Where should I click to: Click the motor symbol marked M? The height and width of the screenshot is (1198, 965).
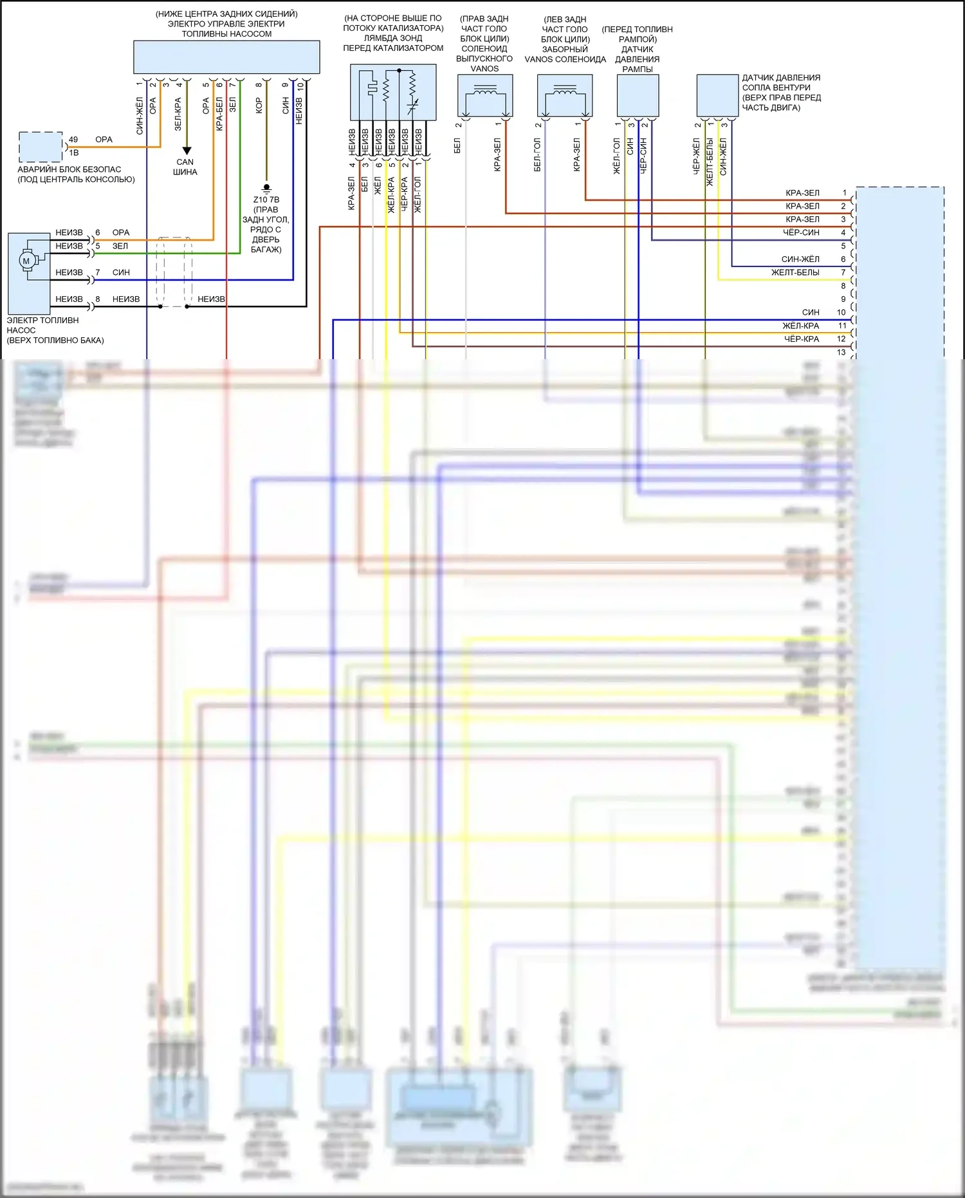26,261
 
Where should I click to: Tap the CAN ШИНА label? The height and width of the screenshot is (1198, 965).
185,167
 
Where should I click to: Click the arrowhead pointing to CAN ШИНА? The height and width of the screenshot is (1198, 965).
186,152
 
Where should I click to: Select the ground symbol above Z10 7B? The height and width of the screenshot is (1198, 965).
267,189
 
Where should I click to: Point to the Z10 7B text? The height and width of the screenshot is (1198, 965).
266,200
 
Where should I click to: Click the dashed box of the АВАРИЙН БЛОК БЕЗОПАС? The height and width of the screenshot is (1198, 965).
40,147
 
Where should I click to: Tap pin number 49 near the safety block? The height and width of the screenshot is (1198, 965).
73,140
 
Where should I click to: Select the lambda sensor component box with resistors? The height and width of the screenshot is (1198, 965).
393,92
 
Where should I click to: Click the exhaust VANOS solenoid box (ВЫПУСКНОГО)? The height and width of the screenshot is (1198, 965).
485,95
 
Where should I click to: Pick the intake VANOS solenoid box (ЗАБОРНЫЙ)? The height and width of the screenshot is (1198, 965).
565,95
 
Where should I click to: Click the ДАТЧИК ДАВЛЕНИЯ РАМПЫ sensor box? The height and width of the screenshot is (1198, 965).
638,95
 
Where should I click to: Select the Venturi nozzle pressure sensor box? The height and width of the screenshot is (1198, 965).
717,95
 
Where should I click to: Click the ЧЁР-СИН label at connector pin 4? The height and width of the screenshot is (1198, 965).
801,232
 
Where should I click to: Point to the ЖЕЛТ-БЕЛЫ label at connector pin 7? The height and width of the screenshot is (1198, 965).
795,272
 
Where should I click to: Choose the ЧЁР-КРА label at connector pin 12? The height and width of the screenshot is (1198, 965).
801,339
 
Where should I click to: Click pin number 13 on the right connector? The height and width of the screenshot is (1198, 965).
841,352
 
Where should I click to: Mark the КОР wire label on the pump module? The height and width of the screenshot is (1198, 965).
259,106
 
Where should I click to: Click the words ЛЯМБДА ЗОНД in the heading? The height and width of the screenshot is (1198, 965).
393,38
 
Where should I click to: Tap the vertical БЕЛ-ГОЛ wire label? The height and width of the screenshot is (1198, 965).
537,154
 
